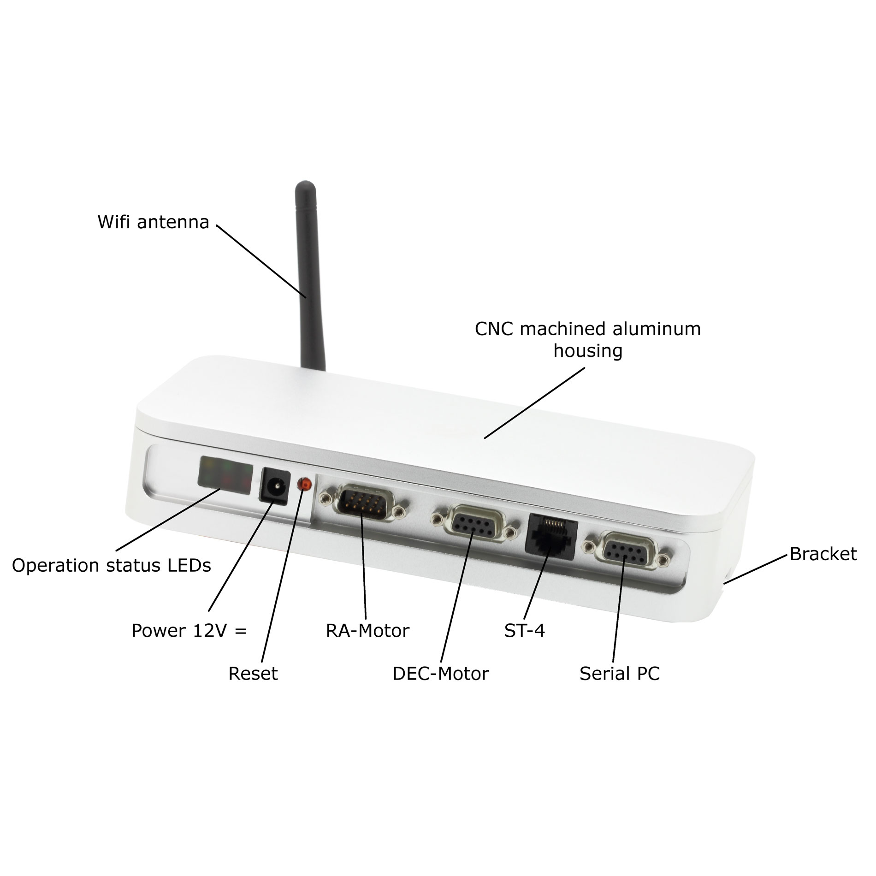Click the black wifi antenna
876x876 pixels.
click(310, 277)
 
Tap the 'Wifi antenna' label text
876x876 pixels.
click(153, 222)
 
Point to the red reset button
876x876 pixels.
click(304, 484)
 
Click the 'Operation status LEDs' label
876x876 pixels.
click(111, 565)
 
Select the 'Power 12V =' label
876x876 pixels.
click(189, 631)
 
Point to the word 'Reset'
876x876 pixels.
click(253, 674)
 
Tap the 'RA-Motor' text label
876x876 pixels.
click(367, 631)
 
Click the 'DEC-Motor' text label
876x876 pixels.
click(440, 674)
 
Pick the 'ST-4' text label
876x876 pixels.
click(524, 631)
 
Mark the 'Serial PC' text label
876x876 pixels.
click(619, 674)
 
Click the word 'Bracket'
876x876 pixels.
click(823, 554)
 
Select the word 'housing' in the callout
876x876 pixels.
click(588, 351)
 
